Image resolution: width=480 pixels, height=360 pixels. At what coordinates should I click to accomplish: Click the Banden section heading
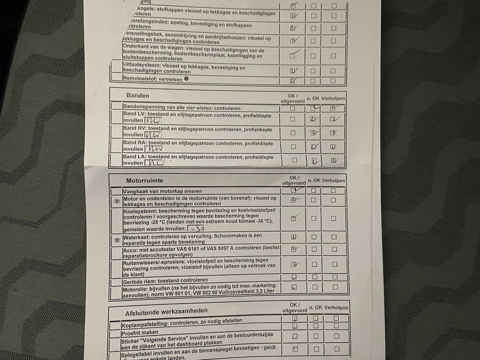tap(138, 96)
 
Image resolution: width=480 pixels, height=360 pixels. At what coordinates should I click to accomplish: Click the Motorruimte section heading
tap(144, 180)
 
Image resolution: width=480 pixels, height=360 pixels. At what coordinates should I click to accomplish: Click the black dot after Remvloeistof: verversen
tap(186, 79)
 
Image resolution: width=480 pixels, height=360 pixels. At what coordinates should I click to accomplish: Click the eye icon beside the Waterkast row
tap(117, 240)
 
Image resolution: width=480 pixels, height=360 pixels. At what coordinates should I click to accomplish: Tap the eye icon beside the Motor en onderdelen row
tap(117, 201)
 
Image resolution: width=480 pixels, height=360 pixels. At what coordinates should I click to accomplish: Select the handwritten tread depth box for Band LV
tap(153, 120)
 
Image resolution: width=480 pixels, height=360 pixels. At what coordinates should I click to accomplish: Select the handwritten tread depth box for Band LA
tap(154, 163)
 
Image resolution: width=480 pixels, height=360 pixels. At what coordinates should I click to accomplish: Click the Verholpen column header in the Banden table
tap(333, 99)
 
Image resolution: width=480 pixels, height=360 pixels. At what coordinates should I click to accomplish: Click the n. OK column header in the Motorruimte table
tap(314, 180)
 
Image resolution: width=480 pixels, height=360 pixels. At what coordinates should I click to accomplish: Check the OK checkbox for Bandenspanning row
tap(293, 109)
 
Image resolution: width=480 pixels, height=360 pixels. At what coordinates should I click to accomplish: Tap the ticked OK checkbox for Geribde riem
tap(294, 277)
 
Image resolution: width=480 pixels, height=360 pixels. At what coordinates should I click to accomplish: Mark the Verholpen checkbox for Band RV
tap(333, 133)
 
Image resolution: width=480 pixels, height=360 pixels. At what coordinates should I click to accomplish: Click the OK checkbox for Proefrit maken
tap(295, 326)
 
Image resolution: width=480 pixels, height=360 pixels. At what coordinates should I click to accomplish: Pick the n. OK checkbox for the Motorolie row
tap(315, 287)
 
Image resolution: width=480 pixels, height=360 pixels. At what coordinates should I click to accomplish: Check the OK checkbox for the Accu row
tap(294, 249)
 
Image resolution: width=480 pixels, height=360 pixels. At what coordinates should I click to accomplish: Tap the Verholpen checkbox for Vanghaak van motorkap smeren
tap(333, 190)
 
